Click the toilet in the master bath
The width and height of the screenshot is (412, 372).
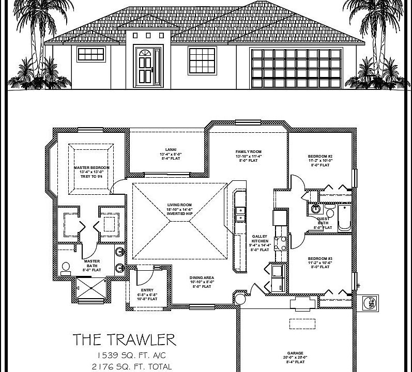pos(66,267)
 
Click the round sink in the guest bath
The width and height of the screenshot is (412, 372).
pos(315,209)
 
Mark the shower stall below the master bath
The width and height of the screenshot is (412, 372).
pos(91,290)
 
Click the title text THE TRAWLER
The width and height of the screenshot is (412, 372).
pos(124,339)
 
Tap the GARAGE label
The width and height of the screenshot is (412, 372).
pos(296,353)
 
